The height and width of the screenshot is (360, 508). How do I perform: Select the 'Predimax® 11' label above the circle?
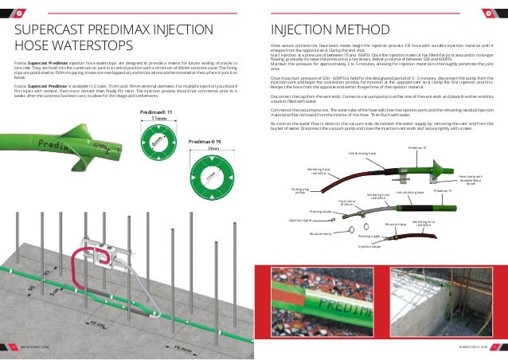(x=156, y=113)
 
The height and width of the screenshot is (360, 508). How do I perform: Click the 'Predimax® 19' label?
(x=205, y=141)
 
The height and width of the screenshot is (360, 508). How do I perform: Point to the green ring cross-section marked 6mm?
(x=158, y=147)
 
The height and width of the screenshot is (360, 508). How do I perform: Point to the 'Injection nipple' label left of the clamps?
(x=300, y=219)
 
